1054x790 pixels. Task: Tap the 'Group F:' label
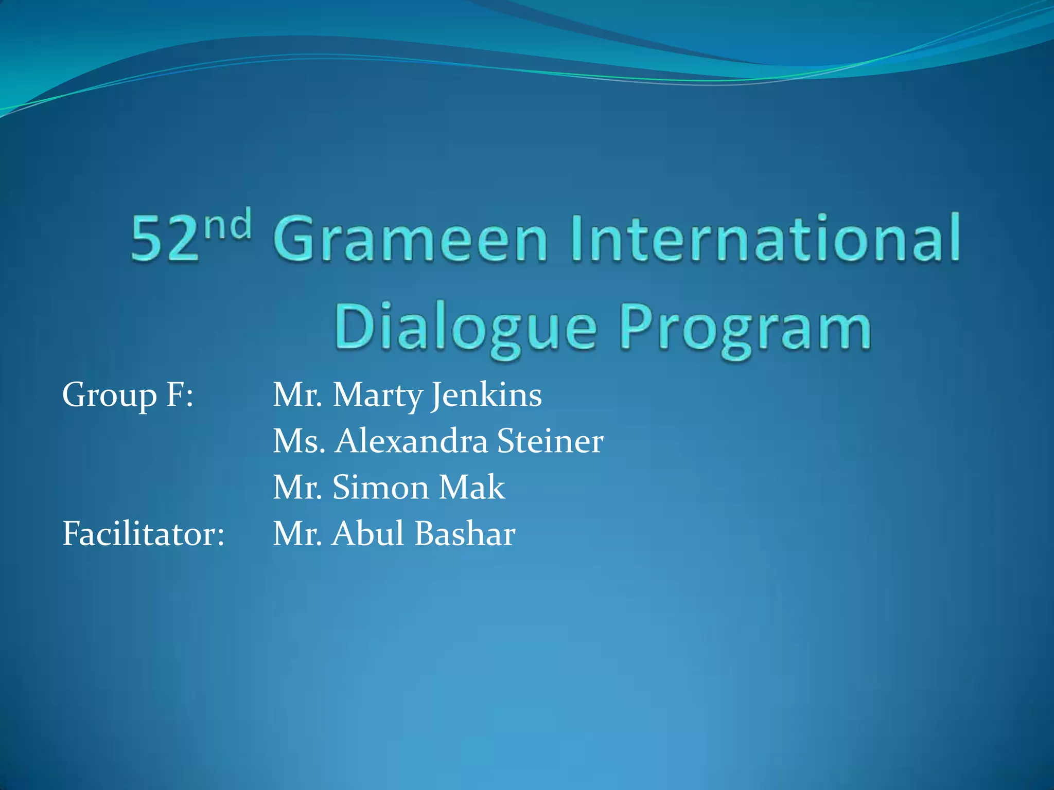pyautogui.click(x=128, y=395)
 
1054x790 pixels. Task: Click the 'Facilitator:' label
pyautogui.click(x=143, y=533)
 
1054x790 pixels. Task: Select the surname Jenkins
pyautogui.click(x=486, y=395)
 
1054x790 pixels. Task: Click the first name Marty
pyautogui.click(x=377, y=395)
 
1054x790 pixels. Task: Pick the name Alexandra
pyautogui.click(x=411, y=441)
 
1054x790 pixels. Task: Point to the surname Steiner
pyautogui.click(x=550, y=441)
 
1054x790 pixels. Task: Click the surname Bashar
pyautogui.click(x=465, y=533)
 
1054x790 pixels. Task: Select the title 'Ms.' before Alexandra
pyautogui.click(x=299, y=441)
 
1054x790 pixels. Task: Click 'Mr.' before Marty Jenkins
pyautogui.click(x=297, y=395)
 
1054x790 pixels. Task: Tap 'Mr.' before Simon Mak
pyautogui.click(x=297, y=487)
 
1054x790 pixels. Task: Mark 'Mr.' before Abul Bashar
pyautogui.click(x=297, y=533)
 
